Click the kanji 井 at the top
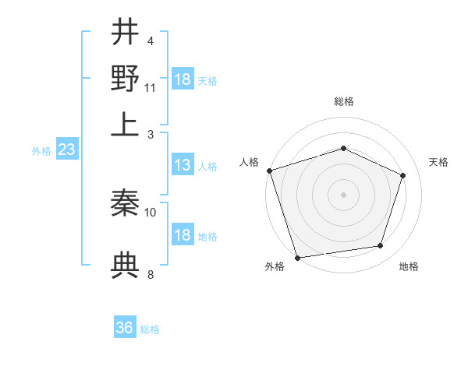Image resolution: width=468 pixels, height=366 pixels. (x=125, y=33)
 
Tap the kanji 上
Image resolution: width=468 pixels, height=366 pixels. (x=125, y=125)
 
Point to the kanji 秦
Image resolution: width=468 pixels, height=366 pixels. (x=125, y=204)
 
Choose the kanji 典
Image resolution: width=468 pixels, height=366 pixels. (x=125, y=265)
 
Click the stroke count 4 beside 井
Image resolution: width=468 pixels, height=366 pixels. (x=151, y=41)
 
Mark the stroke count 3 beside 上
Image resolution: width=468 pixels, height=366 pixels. (x=151, y=135)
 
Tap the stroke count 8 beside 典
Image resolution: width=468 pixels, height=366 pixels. (x=151, y=274)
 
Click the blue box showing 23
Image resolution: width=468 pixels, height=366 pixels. (x=66, y=150)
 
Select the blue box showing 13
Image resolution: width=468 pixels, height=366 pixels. (x=183, y=165)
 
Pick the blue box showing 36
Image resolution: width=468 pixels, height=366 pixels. (x=125, y=328)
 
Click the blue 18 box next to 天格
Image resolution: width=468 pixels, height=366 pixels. (x=183, y=79)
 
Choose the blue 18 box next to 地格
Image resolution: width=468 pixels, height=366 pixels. (x=183, y=235)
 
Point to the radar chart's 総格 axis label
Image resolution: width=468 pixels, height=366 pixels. (x=343, y=101)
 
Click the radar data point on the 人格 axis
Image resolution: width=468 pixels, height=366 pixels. (x=269, y=171)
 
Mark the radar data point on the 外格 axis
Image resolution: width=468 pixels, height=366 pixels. (x=297, y=257)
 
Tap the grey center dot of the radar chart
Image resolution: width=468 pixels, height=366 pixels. (x=343, y=195)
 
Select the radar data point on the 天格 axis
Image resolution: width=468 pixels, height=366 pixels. (x=403, y=175)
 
